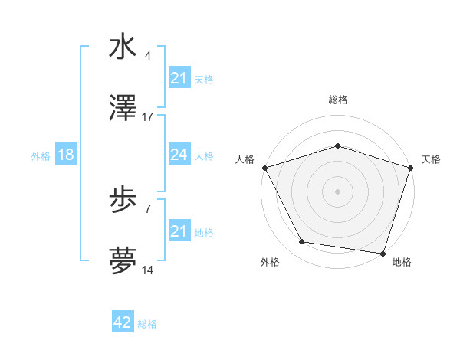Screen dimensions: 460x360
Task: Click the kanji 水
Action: [123, 47]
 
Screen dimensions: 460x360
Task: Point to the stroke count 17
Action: [148, 117]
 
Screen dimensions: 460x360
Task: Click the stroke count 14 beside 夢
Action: [148, 271]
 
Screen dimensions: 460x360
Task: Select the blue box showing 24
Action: [179, 155]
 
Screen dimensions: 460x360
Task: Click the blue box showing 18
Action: [66, 155]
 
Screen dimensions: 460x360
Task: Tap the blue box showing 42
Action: [123, 322]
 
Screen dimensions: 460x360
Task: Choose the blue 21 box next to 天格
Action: [179, 78]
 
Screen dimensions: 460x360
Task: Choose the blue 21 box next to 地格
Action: [179, 231]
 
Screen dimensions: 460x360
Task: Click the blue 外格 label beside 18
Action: [41, 155]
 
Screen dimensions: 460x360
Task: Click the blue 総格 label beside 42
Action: [147, 324]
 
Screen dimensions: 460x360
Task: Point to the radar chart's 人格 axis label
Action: [245, 159]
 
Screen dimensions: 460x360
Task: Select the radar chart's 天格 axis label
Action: [431, 159]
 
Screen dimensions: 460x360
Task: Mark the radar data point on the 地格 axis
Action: [383, 252]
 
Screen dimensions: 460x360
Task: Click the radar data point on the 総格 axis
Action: [337, 146]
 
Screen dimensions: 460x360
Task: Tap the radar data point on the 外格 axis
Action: [302, 242]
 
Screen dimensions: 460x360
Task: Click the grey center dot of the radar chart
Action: [337, 191]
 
